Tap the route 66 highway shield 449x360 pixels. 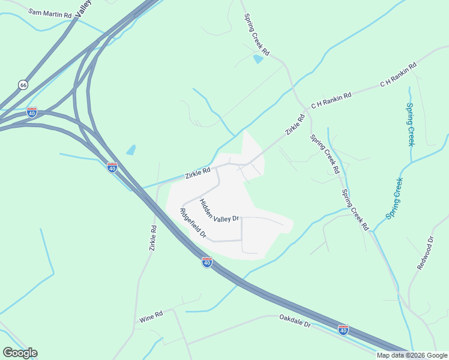(23, 85)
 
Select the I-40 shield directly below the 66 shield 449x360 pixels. (32, 112)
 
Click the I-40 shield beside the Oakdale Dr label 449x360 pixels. (343, 330)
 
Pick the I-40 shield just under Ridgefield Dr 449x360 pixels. (206, 262)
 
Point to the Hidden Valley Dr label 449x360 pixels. (220, 211)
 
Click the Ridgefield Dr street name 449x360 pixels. (193, 224)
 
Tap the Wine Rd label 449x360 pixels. (151, 316)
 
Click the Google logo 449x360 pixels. (20, 353)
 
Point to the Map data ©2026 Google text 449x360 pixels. (412, 355)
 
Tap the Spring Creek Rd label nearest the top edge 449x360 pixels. (257, 36)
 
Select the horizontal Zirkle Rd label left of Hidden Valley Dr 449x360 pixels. (197, 173)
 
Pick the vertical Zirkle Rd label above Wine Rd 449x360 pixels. (153, 238)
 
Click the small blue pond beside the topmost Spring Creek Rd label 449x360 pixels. (258, 59)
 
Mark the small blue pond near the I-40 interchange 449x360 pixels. (131, 150)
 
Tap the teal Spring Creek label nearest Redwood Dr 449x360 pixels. (394, 199)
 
